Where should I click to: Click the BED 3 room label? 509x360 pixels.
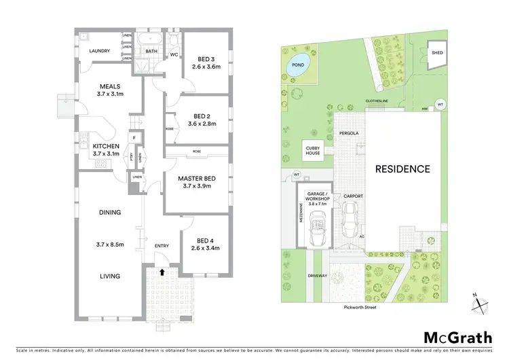[x=202, y=58]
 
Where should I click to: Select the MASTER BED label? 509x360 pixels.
[x=197, y=179]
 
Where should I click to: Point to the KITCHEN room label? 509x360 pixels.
[x=106, y=146]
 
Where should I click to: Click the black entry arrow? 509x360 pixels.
[x=162, y=272]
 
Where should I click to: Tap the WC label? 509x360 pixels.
[x=174, y=54]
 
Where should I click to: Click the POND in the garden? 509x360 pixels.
[x=297, y=66]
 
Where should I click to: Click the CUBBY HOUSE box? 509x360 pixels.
[x=314, y=149]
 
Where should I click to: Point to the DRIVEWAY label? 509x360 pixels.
[x=299, y=275]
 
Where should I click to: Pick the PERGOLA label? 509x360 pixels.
[x=347, y=134]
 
